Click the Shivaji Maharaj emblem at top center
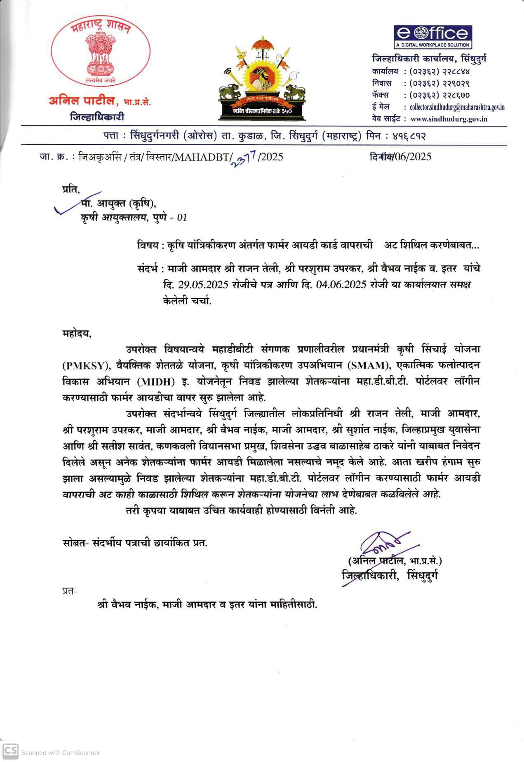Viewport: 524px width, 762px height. point(262,78)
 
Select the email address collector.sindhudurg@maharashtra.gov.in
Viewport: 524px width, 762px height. point(457,107)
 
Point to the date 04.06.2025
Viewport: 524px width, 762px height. point(341,285)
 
